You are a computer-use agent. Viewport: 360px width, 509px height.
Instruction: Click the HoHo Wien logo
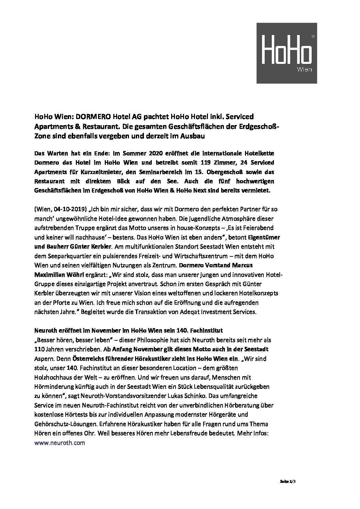pos(287,53)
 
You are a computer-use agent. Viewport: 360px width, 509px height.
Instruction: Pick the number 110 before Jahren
pos(39,349)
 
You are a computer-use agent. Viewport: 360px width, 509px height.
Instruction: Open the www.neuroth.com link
pos(60,443)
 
